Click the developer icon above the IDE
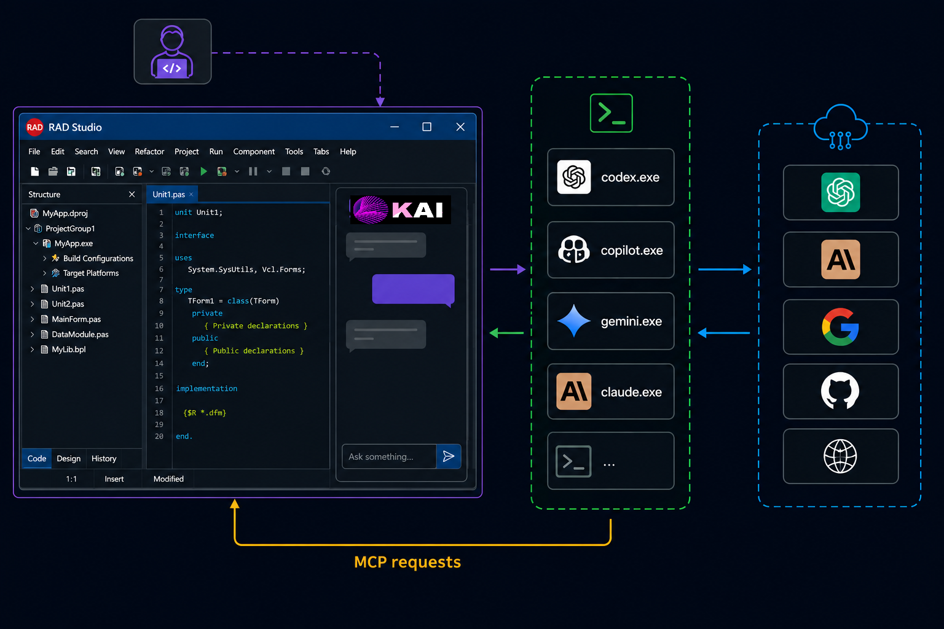click(x=172, y=52)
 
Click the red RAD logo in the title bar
click(x=34, y=127)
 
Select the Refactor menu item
click(x=149, y=152)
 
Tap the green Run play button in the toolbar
click(x=203, y=171)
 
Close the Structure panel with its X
click(x=132, y=194)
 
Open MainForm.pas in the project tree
click(x=76, y=319)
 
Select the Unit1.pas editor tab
click(x=168, y=194)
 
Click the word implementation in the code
click(x=206, y=388)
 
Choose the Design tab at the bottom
click(x=68, y=458)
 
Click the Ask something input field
click(x=389, y=456)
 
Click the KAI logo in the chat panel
click(x=400, y=209)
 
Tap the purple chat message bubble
click(x=413, y=289)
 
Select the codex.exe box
click(x=611, y=178)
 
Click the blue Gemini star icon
click(x=573, y=321)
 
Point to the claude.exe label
click(x=631, y=393)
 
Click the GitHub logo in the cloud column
click(x=840, y=391)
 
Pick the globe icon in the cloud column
click(x=840, y=456)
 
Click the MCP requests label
click(x=407, y=562)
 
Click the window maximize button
click(x=427, y=127)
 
